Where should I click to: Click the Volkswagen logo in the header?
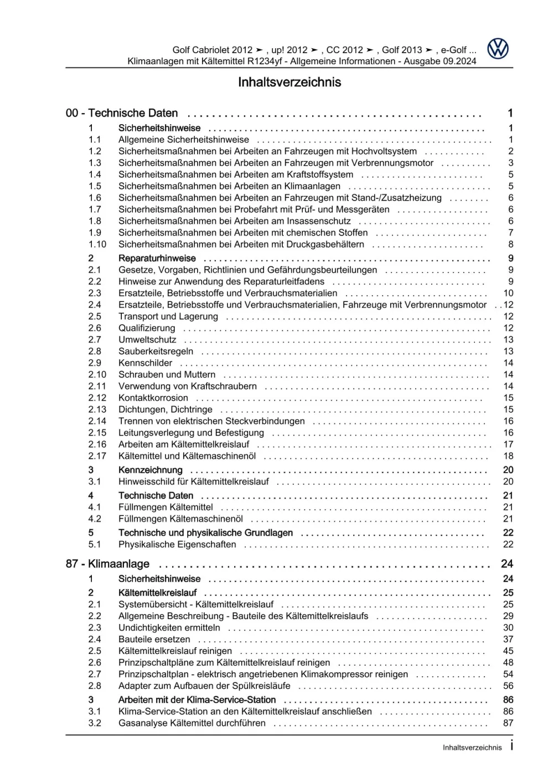pyautogui.click(x=498, y=49)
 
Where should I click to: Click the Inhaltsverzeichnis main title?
pyautogui.click(x=289, y=82)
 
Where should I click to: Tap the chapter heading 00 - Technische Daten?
pyautogui.click(x=122, y=113)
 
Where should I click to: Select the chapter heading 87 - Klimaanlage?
pyautogui.click(x=107, y=564)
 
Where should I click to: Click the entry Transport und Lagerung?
pyautogui.click(x=168, y=316)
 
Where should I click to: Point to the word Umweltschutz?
pyautogui.click(x=147, y=340)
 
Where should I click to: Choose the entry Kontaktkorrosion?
pyautogui.click(x=153, y=398)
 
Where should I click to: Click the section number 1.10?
pyautogui.click(x=97, y=244)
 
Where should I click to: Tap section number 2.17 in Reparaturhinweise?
pyautogui.click(x=97, y=456)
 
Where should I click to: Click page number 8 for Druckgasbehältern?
pyautogui.click(x=510, y=244)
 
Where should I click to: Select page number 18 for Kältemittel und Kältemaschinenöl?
pyautogui.click(x=508, y=456)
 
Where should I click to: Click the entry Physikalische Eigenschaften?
pyautogui.click(x=177, y=544)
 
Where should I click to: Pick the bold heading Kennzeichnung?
pyautogui.click(x=150, y=470)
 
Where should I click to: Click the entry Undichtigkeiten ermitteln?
pyautogui.click(x=169, y=628)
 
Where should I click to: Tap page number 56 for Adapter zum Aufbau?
pyautogui.click(x=508, y=686)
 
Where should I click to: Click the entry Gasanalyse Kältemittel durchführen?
pyautogui.click(x=192, y=723)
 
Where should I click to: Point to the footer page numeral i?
pyautogui.click(x=511, y=746)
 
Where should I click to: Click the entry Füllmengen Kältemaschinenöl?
pyautogui.click(x=180, y=519)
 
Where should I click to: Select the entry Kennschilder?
pyautogui.click(x=145, y=363)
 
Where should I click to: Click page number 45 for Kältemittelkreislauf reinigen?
pyautogui.click(x=508, y=651)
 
